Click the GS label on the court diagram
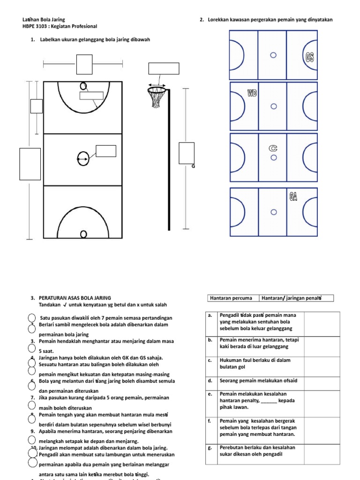click(x=309, y=57)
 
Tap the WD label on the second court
click(x=252, y=93)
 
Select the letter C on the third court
click(x=273, y=148)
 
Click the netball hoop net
click(x=157, y=97)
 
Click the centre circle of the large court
click(x=83, y=159)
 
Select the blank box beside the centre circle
click(x=106, y=151)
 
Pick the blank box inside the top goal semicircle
click(x=91, y=96)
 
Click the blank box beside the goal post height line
click(x=186, y=153)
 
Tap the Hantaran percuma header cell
click(x=232, y=298)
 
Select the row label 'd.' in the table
click(x=210, y=381)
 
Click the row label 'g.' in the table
click(x=210, y=448)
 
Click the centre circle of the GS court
click(x=273, y=55)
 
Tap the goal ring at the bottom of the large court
click(x=83, y=234)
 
